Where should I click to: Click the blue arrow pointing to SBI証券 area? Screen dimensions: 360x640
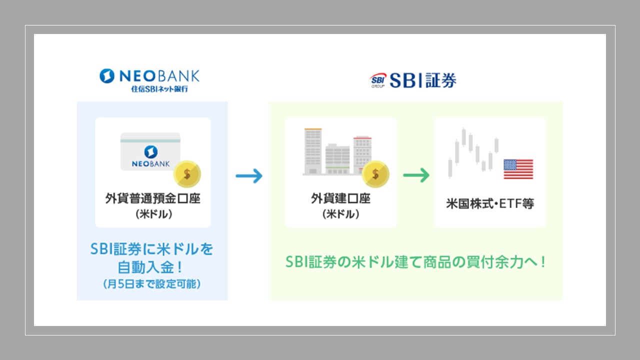249,175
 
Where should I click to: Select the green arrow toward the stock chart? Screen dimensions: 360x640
416,175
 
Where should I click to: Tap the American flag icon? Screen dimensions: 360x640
518,169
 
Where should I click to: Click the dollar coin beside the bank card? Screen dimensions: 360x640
187,174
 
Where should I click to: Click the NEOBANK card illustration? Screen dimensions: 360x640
150,151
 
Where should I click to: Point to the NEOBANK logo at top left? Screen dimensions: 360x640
149,76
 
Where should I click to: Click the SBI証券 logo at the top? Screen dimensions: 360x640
413,80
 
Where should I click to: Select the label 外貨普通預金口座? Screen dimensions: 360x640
153,198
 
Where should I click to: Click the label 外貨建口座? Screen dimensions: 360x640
340,198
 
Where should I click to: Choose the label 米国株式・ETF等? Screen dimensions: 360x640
490,204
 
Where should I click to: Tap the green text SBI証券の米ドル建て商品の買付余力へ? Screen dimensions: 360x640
415,262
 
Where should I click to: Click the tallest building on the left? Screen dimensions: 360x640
313,151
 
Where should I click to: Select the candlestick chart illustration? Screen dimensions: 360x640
472,152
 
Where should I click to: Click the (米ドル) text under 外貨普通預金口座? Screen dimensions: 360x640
152,214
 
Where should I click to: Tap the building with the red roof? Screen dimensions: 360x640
362,153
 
